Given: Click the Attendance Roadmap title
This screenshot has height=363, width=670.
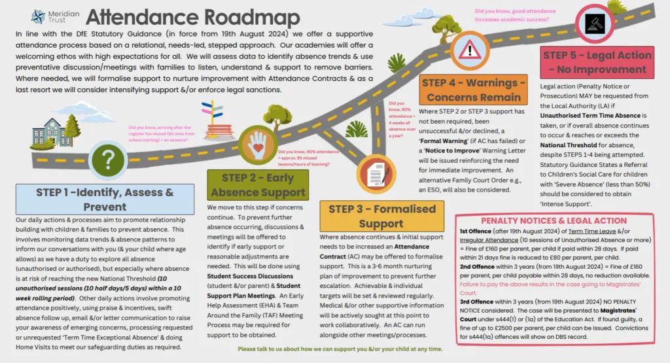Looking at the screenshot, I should [192, 17].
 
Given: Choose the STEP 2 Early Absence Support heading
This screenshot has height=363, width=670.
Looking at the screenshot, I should [258, 185].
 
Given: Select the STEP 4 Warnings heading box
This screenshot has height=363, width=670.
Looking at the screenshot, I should [473, 90].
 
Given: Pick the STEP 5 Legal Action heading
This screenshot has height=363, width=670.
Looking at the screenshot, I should [596, 62].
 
